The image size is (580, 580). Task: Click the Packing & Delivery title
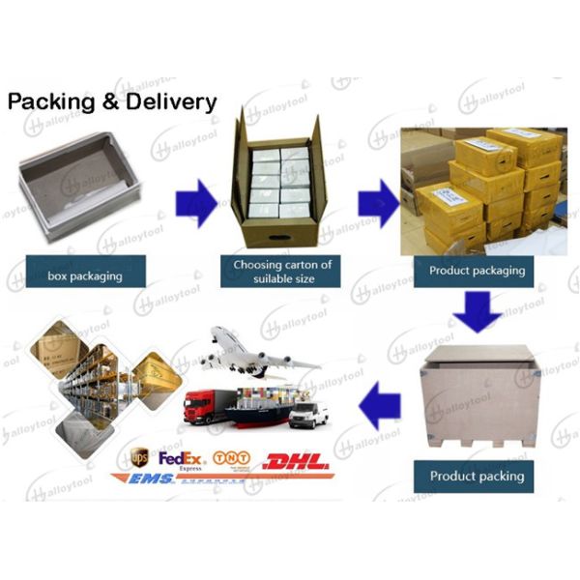click(112, 103)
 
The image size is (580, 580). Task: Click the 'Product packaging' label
click(477, 270)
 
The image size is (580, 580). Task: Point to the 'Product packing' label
click(477, 476)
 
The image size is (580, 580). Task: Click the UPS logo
click(140, 455)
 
